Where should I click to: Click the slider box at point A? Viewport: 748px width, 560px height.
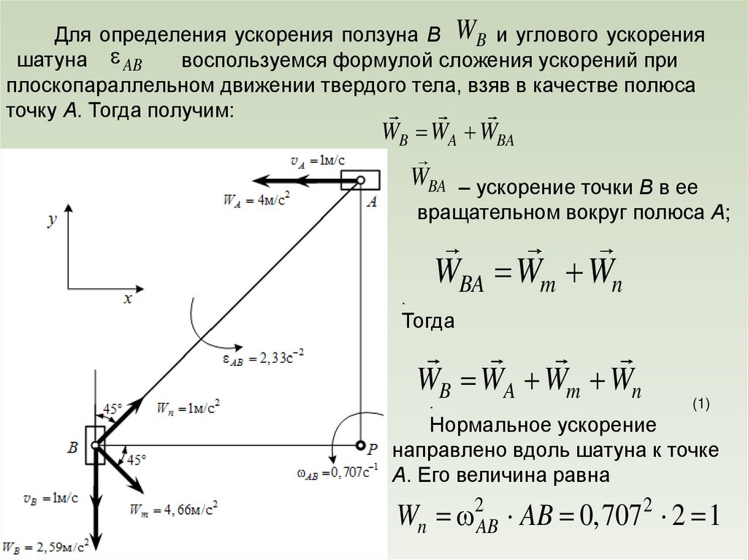[360, 180]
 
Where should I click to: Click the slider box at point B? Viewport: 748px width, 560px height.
[95, 445]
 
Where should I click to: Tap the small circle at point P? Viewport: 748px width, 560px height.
[361, 445]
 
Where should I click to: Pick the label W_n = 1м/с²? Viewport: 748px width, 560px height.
[188, 407]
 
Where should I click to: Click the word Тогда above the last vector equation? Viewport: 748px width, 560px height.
[429, 321]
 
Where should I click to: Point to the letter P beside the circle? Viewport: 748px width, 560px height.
[373, 447]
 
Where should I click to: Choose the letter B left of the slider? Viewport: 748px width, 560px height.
[73, 447]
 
